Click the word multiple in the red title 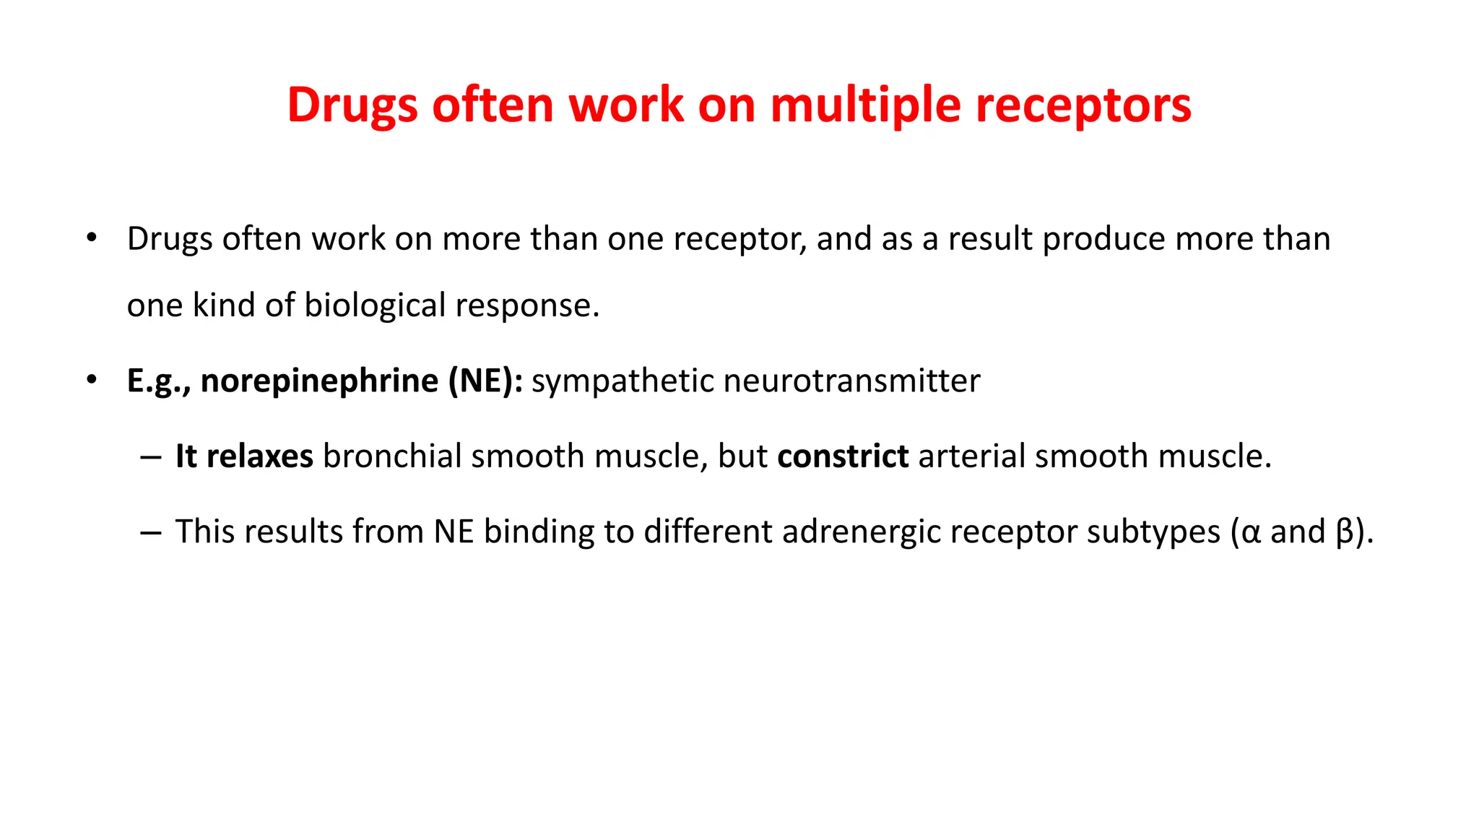[866, 105]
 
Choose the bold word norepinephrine [319, 381]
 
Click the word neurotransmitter [852, 381]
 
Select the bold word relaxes [260, 456]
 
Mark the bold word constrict [843, 456]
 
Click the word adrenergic [861, 532]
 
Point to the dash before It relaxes [151, 458]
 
